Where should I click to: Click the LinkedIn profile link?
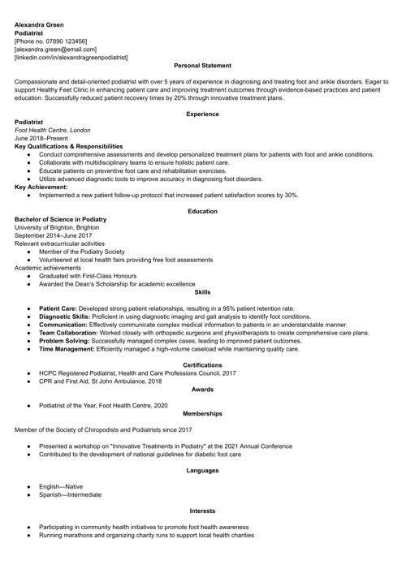tap(71, 58)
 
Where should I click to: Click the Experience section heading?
tap(202, 114)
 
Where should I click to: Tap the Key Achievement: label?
tap(41, 187)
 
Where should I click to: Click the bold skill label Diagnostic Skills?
tap(66, 317)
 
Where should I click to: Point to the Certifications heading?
tap(202, 365)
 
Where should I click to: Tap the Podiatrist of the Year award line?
tap(103, 405)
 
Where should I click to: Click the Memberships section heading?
tap(202, 413)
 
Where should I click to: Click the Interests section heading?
tap(202, 511)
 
